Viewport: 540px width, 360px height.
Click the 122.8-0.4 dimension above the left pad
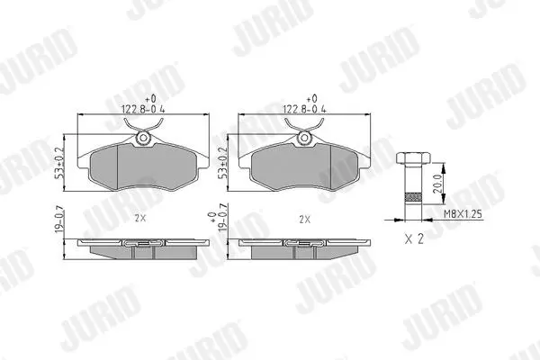(x=143, y=110)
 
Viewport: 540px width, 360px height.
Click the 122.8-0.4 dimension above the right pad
(x=304, y=110)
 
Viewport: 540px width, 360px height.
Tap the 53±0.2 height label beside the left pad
(x=59, y=163)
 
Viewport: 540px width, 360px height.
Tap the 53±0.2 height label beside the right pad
(x=223, y=163)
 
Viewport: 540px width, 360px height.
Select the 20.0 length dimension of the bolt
(x=437, y=184)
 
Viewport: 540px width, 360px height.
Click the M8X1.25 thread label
(x=463, y=214)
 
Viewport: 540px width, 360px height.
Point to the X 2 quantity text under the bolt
(x=414, y=238)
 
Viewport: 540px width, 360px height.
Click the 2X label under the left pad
(x=140, y=219)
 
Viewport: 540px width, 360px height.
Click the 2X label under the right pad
(x=305, y=219)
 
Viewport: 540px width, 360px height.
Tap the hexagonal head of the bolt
(x=413, y=157)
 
